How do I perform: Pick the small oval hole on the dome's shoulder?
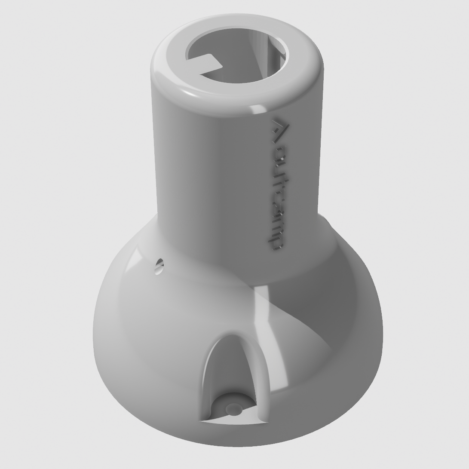pyautogui.click(x=159, y=267)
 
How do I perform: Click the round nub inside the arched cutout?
pyautogui.click(x=234, y=408)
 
